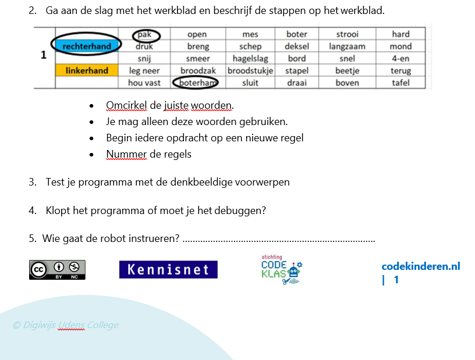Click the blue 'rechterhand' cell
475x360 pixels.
87,46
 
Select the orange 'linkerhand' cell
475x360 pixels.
87,70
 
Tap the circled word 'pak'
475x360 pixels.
144,34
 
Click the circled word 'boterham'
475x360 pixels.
196,83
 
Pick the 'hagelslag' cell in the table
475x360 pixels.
250,58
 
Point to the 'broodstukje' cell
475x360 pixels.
250,70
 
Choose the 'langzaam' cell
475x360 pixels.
347,47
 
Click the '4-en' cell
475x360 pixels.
400,58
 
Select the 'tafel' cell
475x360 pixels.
400,83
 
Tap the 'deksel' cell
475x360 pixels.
297,47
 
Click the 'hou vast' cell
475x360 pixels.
144,83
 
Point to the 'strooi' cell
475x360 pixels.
347,34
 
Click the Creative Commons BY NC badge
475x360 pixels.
57,270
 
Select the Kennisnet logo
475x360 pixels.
168,269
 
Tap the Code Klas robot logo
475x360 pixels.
281,270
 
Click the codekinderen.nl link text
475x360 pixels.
421,266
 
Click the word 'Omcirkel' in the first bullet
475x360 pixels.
126,105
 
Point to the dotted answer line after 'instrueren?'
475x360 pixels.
279,241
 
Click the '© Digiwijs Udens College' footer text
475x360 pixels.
65,325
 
